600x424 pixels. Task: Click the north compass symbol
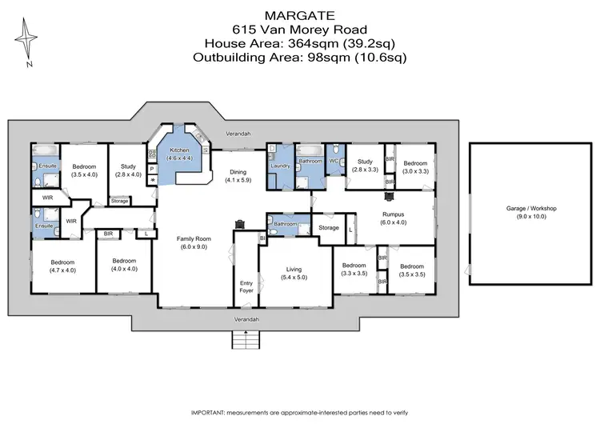coord(29,42)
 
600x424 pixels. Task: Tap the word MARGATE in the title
coord(300,14)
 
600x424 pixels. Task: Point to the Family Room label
coord(193,242)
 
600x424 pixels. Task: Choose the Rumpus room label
coord(394,218)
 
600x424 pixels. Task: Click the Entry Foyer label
coord(246,287)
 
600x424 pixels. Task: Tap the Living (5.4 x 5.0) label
coord(293,273)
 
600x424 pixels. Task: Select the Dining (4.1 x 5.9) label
coord(238,176)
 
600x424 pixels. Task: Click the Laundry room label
coord(280,166)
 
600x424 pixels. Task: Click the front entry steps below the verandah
coord(247,341)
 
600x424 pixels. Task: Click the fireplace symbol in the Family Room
coord(238,225)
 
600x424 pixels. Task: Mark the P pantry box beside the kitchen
coord(151,169)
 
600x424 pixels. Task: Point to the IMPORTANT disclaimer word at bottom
coord(210,412)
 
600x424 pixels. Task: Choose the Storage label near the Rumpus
coord(329,229)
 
